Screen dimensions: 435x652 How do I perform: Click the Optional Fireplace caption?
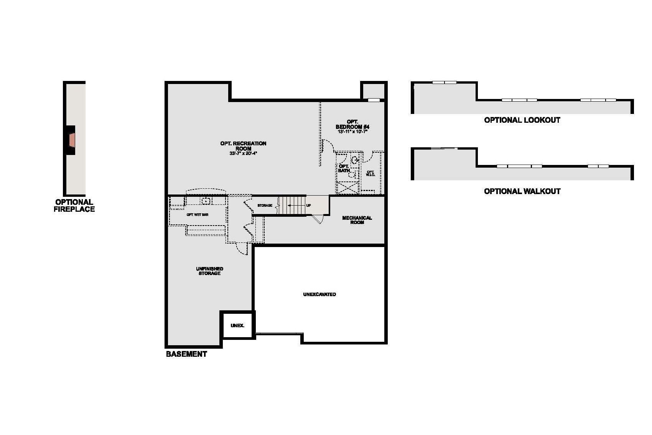point(74,206)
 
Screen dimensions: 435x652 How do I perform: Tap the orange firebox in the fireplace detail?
point(72,140)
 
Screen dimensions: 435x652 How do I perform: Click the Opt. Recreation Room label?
point(243,146)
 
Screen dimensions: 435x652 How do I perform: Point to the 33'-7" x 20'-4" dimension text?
point(244,153)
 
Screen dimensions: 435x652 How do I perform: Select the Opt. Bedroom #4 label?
point(352,124)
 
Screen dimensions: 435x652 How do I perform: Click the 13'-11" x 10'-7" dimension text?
point(352,132)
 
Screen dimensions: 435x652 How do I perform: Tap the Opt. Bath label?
point(344,168)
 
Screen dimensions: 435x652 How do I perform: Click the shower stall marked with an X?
point(347,187)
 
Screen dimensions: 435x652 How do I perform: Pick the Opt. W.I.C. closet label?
point(370,173)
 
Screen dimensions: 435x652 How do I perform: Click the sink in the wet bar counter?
point(206,201)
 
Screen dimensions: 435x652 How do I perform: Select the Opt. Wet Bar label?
point(198,215)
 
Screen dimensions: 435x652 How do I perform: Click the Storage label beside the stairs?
point(265,206)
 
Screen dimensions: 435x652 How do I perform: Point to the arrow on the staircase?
point(293,206)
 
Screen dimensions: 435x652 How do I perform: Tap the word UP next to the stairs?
point(308,206)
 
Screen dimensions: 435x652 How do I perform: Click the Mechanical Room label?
point(357,220)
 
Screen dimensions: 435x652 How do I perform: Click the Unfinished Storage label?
point(209,271)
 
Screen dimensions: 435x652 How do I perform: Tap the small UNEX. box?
point(237,325)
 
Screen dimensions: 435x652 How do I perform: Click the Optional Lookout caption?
point(522,120)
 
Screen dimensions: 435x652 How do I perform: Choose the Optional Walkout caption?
point(522,191)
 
